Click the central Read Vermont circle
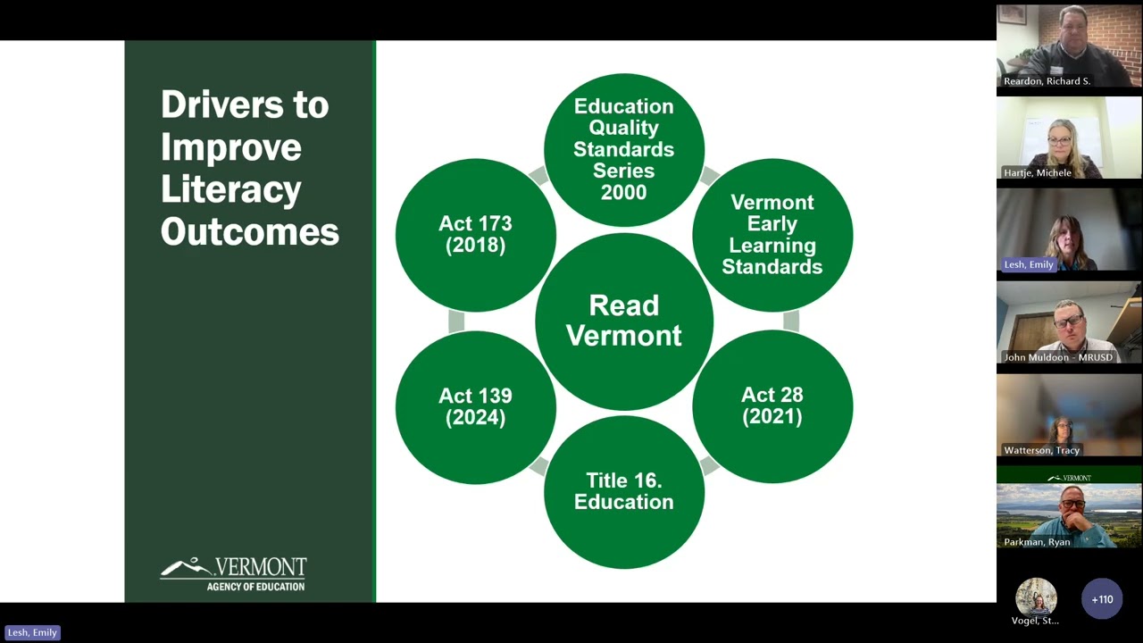624,321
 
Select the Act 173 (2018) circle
476,235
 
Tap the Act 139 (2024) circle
476,407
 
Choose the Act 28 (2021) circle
772,406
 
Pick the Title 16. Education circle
624,492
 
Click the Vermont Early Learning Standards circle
772,235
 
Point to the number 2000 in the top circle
623,192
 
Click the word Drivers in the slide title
222,104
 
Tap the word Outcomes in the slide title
250,231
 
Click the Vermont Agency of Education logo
234,574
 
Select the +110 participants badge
1102,599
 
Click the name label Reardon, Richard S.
1047,81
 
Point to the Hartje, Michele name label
1038,173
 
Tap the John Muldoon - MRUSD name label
1058,357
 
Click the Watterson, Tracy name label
1041,450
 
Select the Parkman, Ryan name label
1037,542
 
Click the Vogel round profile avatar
1036,597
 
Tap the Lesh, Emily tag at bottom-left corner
32,633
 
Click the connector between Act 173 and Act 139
456,321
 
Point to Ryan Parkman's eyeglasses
1073,505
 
